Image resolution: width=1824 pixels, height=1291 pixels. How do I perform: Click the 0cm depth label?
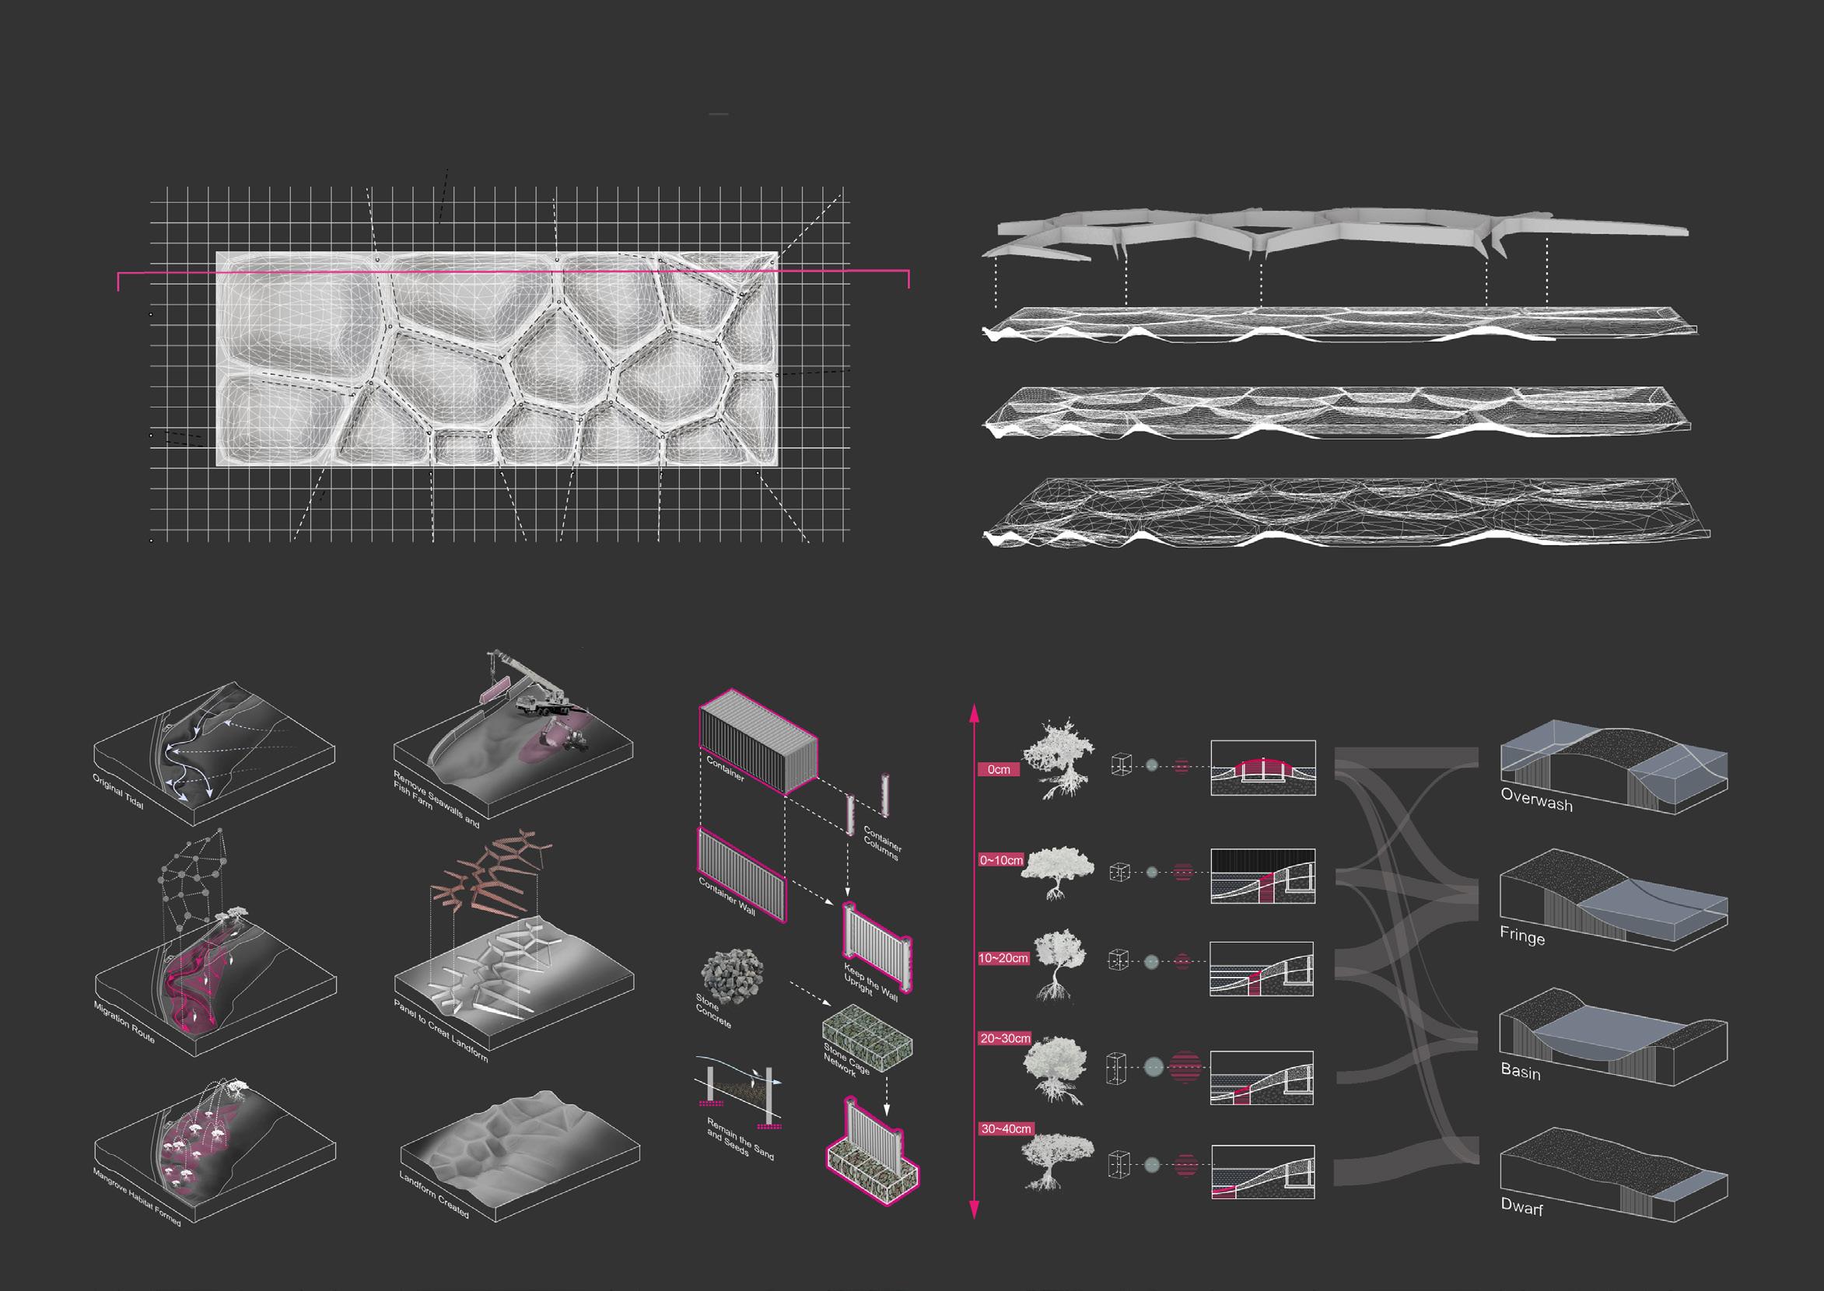[998, 769]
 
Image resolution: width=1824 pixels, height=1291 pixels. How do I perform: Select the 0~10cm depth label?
[1001, 860]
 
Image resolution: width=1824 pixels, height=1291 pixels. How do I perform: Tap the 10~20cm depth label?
[1003, 958]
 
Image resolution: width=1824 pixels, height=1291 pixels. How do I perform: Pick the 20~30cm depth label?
[1005, 1038]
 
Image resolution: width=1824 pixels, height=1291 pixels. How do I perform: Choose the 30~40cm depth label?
[1006, 1128]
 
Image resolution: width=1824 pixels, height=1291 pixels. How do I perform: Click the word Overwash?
[1536, 799]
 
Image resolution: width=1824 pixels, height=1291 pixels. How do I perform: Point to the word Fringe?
[1522, 936]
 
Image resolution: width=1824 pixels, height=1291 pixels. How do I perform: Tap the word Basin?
[1521, 1072]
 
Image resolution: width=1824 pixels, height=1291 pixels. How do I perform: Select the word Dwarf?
[1521, 1206]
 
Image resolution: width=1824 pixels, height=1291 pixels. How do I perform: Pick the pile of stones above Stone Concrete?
[731, 975]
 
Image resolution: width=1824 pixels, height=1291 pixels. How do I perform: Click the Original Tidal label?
[118, 791]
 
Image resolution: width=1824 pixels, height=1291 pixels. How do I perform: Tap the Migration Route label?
[124, 1021]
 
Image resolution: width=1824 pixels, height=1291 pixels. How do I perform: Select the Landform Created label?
[434, 1194]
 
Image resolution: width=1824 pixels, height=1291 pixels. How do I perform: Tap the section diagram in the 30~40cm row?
[1262, 1172]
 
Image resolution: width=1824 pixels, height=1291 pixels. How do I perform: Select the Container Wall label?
[726, 896]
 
